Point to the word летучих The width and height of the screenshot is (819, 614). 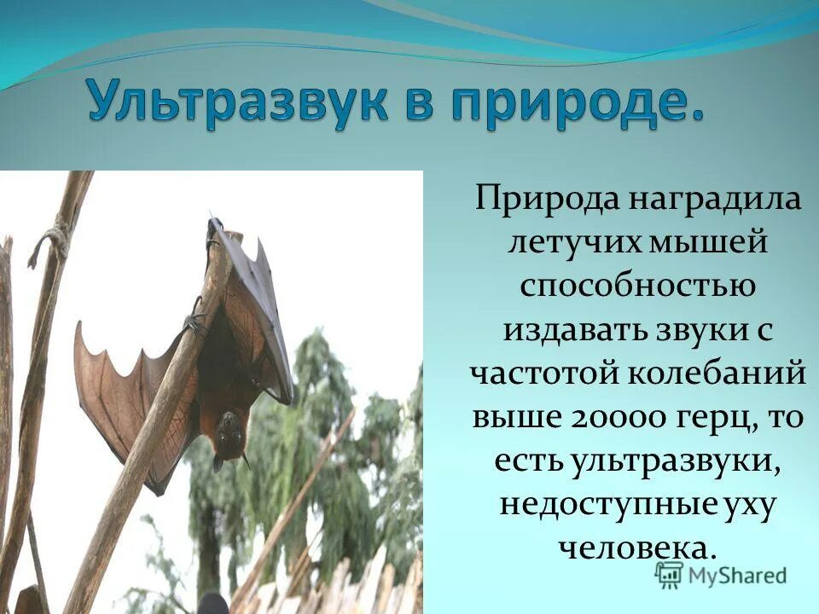(566, 246)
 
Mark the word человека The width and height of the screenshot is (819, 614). (636, 547)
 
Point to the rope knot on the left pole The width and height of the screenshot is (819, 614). (53, 235)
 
